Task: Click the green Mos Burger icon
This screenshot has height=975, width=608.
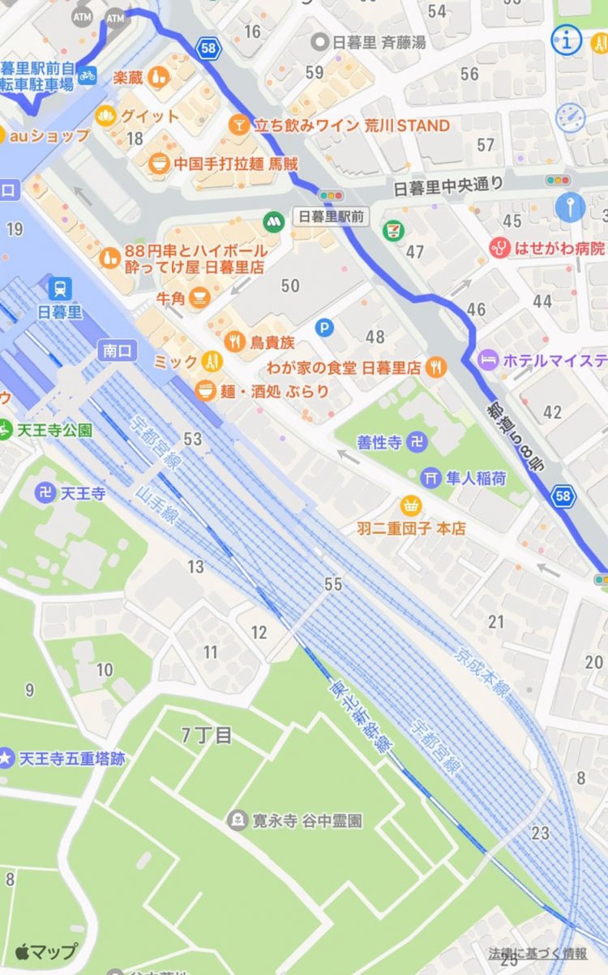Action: click(x=274, y=219)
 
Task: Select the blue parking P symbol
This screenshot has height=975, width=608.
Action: click(x=324, y=328)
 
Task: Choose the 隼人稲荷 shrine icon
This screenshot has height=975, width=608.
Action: click(x=430, y=478)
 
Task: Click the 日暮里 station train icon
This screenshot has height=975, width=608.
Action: click(x=60, y=287)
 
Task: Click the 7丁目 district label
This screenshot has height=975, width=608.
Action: click(x=207, y=735)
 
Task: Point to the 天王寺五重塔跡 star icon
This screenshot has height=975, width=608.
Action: click(x=6, y=759)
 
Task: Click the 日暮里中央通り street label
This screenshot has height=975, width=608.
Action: click(x=447, y=185)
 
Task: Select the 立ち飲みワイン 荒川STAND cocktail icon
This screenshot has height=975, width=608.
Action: click(x=238, y=125)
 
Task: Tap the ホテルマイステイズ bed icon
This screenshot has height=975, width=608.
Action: click(x=487, y=360)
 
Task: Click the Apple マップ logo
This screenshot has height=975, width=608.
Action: click(x=46, y=952)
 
